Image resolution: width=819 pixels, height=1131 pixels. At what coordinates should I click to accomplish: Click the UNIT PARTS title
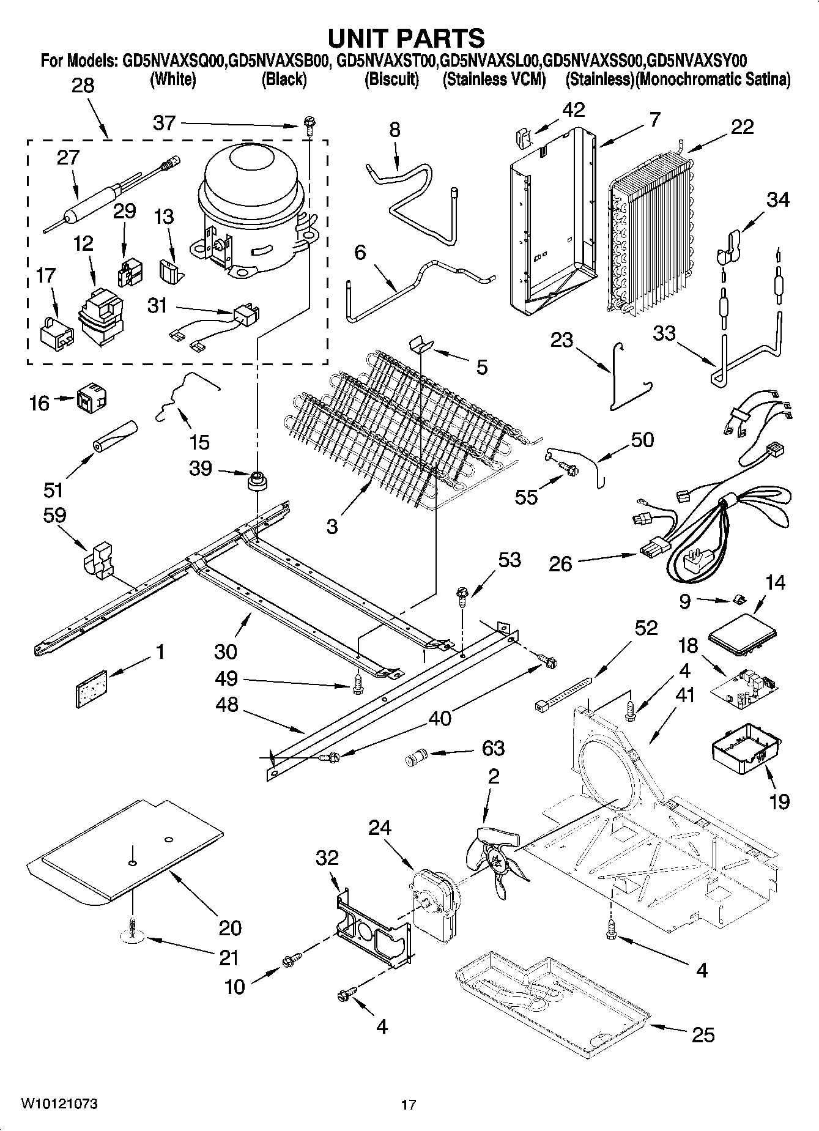[x=406, y=38]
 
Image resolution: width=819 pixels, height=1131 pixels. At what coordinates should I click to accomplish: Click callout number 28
[x=83, y=85]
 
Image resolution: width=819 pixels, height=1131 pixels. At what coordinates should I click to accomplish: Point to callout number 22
[x=741, y=127]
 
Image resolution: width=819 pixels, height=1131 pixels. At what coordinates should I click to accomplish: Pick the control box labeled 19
[x=746, y=752]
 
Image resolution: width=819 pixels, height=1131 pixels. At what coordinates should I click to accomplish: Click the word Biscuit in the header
[x=391, y=80]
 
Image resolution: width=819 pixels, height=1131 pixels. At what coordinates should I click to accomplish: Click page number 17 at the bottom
[x=409, y=1105]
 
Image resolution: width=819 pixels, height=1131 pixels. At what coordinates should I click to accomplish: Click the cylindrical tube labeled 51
[x=116, y=435]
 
